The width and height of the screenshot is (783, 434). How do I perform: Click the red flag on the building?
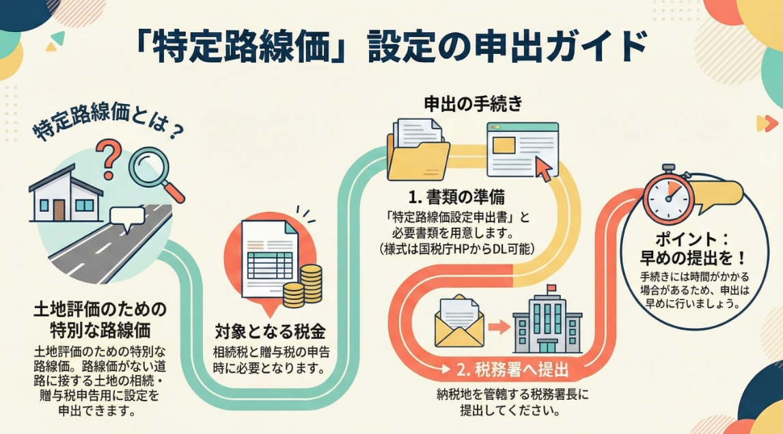click(x=550, y=288)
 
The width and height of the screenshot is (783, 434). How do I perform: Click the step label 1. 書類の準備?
click(x=457, y=198)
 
